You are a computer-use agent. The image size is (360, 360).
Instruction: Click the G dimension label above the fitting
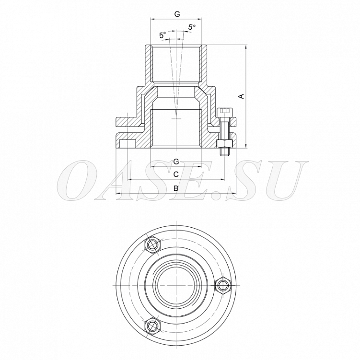point(177,14)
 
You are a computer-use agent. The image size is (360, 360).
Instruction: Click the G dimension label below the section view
point(176,162)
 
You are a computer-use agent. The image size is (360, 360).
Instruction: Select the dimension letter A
point(241,96)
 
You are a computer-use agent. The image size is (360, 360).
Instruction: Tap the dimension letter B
point(176,188)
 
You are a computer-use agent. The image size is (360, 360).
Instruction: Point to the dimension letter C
point(176,174)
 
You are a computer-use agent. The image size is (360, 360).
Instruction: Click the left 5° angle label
point(163,35)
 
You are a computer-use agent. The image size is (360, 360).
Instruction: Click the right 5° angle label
point(192,27)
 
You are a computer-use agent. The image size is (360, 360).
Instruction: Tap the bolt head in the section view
point(224,113)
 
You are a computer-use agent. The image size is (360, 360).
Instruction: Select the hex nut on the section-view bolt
point(224,144)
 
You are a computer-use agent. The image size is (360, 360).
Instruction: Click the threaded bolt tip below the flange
point(224,152)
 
